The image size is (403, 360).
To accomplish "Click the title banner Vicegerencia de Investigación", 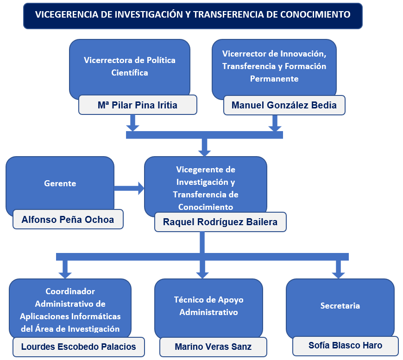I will click(193, 15).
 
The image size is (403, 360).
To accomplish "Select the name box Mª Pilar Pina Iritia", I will click(138, 105).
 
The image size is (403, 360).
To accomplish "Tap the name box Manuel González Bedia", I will click(283, 105).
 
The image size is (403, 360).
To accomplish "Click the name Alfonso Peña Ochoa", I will click(68, 220).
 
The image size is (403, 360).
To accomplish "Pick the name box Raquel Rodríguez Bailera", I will click(220, 222).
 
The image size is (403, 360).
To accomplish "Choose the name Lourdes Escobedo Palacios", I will click(79, 347).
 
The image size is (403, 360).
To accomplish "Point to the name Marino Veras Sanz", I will click(213, 347).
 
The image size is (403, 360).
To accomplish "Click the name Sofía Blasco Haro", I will click(345, 346).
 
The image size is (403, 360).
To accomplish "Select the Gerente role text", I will click(60, 183).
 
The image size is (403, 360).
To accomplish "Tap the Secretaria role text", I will click(340, 306).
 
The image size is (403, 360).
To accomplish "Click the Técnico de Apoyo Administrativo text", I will click(208, 306).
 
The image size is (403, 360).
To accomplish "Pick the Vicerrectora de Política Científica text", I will click(130, 66).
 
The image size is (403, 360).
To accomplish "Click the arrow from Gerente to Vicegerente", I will click(129, 188).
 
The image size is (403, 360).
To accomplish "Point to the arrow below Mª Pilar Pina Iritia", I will click(133, 123).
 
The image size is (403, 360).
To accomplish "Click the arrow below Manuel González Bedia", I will click(275, 123).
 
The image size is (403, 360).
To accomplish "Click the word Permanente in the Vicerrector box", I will click(274, 79).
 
